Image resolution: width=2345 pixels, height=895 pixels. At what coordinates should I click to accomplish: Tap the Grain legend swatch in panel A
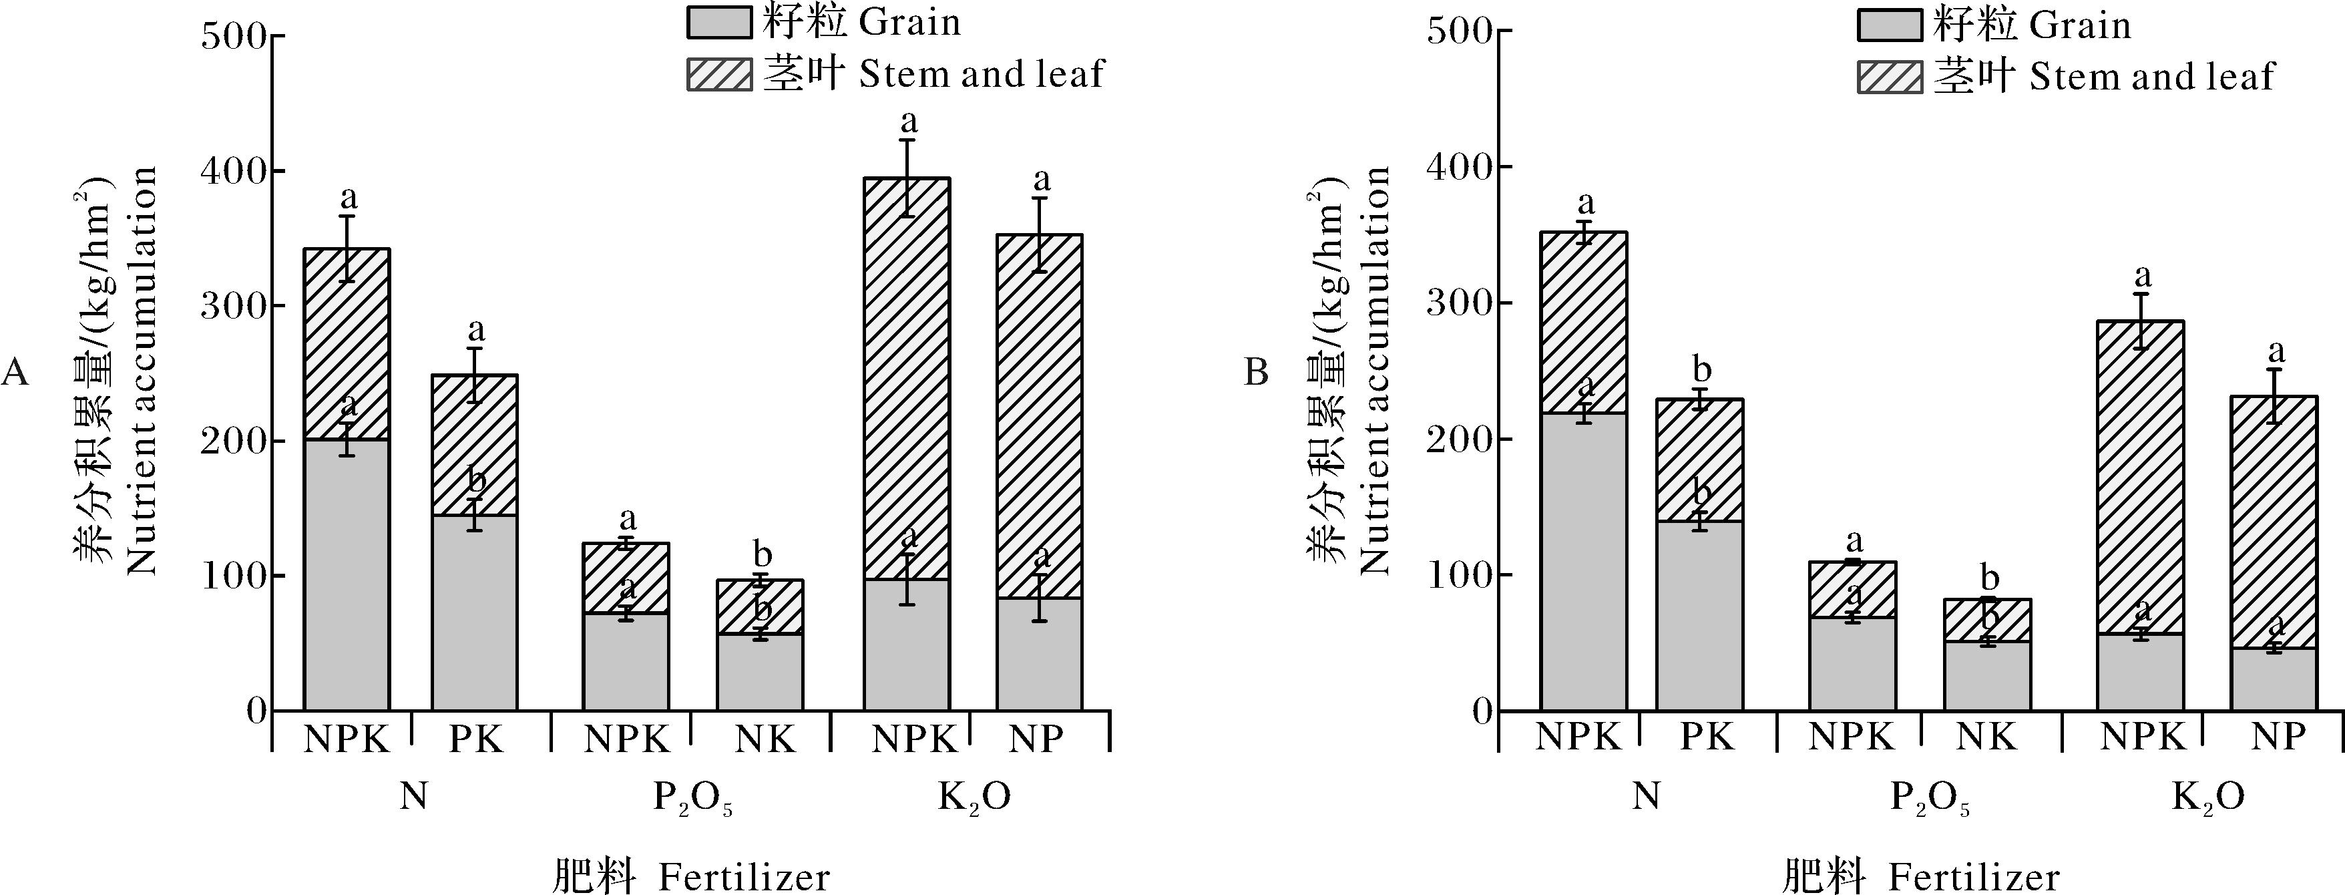[x=719, y=22]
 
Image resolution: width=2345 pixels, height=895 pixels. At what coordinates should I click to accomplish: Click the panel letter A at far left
[x=15, y=373]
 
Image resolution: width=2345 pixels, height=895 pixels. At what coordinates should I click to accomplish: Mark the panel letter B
[x=1256, y=373]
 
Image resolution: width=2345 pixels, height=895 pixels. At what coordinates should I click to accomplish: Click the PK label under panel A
[x=475, y=739]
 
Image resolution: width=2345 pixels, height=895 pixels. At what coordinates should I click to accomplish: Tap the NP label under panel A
[x=1037, y=739]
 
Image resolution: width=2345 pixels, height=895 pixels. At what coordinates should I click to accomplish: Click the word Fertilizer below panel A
[x=744, y=878]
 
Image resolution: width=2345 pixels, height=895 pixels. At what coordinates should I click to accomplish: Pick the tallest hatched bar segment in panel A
[x=907, y=378]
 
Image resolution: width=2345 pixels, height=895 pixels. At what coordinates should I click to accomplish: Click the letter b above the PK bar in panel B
[x=1701, y=371]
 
